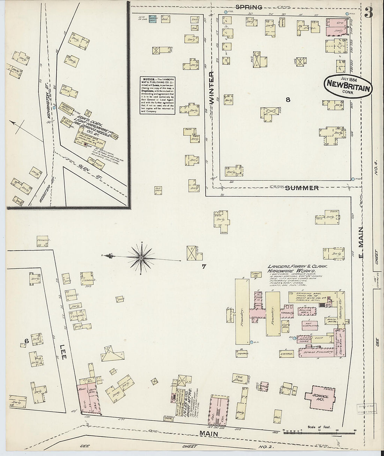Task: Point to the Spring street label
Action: click(x=249, y=7)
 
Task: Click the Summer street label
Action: click(x=302, y=188)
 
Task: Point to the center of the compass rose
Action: click(x=141, y=258)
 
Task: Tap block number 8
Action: click(x=288, y=100)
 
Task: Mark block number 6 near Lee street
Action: click(x=26, y=341)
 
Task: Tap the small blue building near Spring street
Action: click(x=152, y=19)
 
